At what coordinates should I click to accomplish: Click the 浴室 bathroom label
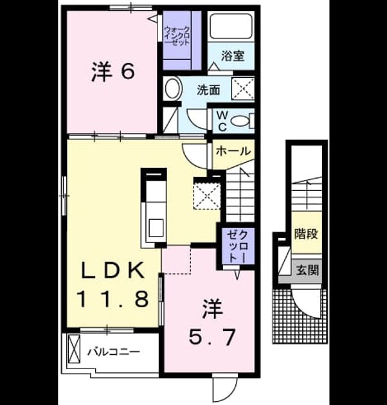pyautogui.click(x=233, y=56)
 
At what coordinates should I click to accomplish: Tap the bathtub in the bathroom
pyautogui.click(x=231, y=26)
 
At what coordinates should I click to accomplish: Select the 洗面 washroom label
pyautogui.click(x=209, y=90)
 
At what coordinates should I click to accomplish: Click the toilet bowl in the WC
pyautogui.click(x=240, y=121)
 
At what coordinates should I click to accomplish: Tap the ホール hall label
pyautogui.click(x=233, y=151)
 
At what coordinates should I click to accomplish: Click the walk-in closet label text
pyautogui.click(x=177, y=36)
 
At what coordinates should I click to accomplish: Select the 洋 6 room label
pyautogui.click(x=113, y=71)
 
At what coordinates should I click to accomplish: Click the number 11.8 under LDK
pyautogui.click(x=113, y=299)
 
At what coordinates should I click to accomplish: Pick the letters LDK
pyautogui.click(x=113, y=270)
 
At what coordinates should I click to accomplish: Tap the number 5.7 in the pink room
pyautogui.click(x=212, y=337)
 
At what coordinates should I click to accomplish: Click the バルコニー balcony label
pyautogui.click(x=113, y=352)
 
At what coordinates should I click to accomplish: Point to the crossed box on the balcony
pyautogui.click(x=74, y=349)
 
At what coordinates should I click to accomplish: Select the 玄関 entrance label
pyautogui.click(x=307, y=271)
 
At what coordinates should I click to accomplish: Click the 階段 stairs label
pyautogui.click(x=307, y=234)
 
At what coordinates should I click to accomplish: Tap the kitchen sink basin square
pyautogui.click(x=156, y=228)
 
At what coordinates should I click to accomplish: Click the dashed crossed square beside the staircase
pyautogui.click(x=207, y=196)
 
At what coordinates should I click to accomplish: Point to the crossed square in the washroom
pyautogui.click(x=243, y=88)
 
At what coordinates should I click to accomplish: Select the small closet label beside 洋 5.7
pyautogui.click(x=238, y=246)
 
